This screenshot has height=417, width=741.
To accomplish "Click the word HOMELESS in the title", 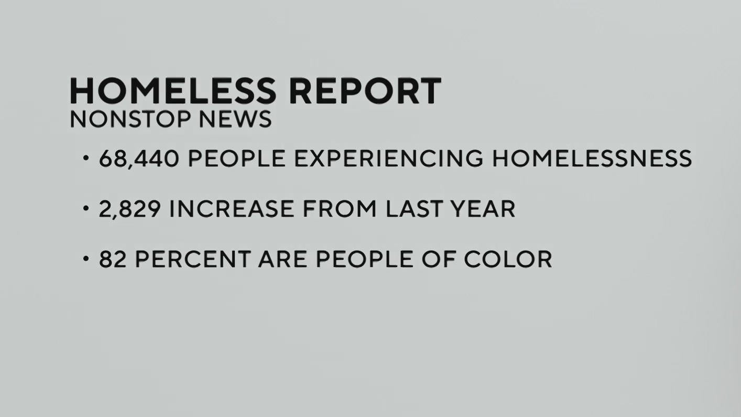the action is coord(172,91).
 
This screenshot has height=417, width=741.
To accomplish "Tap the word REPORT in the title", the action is coord(365,91).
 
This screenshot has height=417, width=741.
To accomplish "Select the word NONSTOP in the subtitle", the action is coord(130,119).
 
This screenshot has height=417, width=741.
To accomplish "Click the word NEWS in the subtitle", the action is coord(235,119).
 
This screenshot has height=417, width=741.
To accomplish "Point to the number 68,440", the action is coord(139,158).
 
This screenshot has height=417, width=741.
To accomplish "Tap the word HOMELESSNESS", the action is coord(592,158).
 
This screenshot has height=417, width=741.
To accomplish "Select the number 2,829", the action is coord(129,209).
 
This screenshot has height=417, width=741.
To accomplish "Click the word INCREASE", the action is coord(231,209).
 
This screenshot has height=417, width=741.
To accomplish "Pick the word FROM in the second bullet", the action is coord(340,209).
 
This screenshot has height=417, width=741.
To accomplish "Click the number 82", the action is coord(113,259).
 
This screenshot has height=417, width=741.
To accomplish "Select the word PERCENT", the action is coord(192,259).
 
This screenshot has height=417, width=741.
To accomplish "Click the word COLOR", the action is coord(508,259).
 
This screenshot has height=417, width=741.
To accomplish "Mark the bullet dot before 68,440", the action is coord(86,158).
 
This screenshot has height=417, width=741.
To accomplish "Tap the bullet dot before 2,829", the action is coord(86,209).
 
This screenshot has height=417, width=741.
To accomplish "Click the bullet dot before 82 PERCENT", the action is coord(86,259).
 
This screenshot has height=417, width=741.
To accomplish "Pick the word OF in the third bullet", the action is coord(438,259).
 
